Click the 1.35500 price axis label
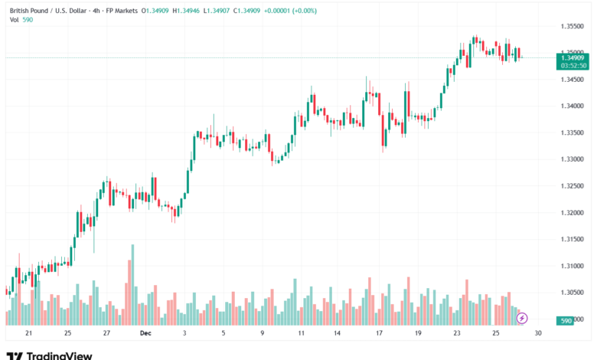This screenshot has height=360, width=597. point(572,26)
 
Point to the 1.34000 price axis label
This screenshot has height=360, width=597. point(572,106)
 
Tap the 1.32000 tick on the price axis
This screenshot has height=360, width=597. point(572,213)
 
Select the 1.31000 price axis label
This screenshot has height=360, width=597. point(572,266)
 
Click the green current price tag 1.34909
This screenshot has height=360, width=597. point(573,57)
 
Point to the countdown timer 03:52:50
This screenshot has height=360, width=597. point(573,66)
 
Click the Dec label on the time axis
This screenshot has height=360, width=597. point(145,333)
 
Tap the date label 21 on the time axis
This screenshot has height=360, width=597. point(28,333)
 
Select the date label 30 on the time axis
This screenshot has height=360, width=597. point(539,333)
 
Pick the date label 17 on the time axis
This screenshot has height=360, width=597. point(379,333)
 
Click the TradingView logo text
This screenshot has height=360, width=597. point(59,355)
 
